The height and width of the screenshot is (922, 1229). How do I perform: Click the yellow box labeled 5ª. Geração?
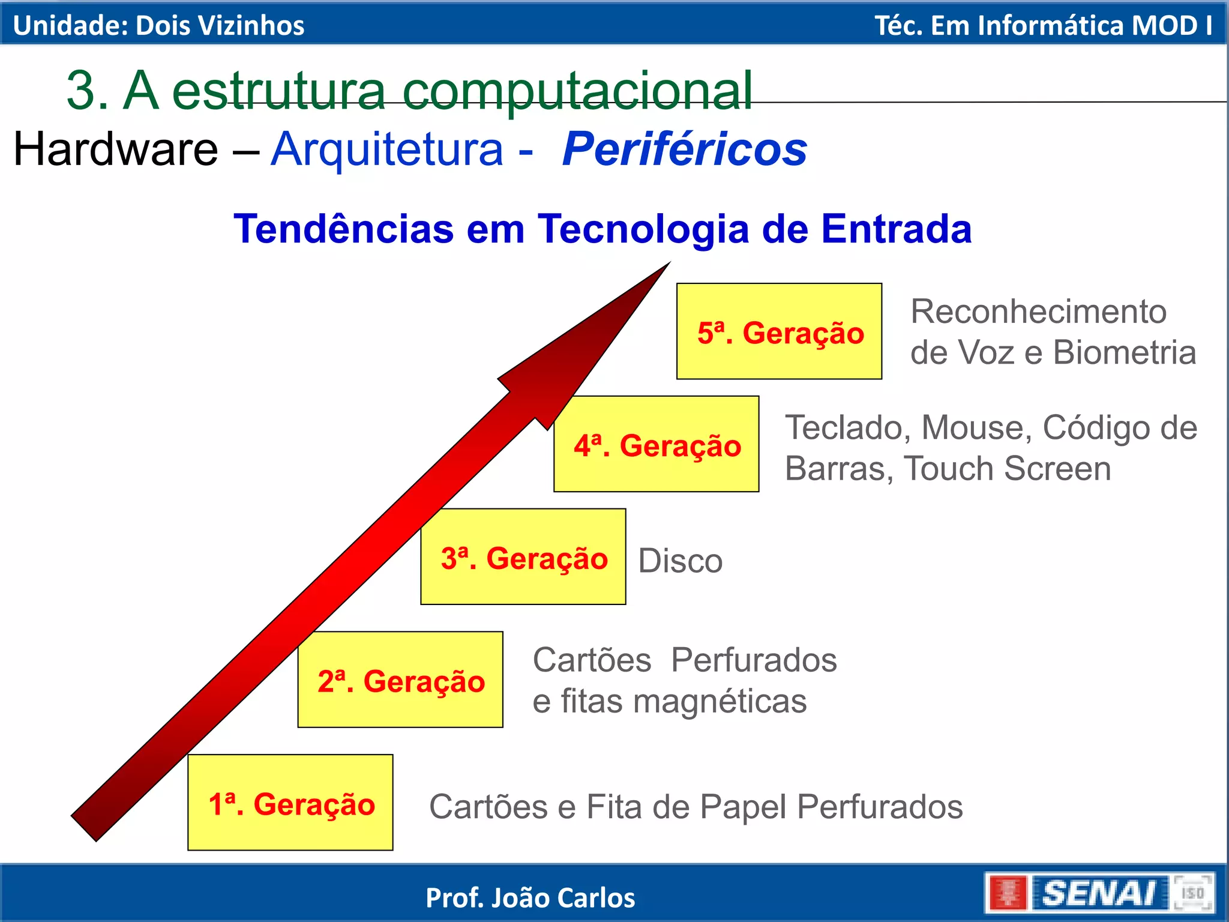pos(779,331)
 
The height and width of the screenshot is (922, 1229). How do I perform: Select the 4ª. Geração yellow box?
pos(657,444)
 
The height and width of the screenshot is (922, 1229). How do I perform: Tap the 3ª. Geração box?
pos(523,557)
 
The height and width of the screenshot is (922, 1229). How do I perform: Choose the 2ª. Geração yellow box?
pos(400,680)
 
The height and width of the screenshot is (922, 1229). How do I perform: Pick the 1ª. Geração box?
pos(290,803)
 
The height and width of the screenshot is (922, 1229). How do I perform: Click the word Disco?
pos(680,561)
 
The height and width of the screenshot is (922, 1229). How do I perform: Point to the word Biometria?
pos(1125,352)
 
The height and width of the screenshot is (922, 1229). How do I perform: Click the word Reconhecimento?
pos(1038,312)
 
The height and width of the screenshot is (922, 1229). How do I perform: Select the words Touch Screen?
pos(1008,469)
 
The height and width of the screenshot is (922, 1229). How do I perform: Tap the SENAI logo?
pos(1099,893)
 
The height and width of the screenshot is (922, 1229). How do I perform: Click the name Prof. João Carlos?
pos(530,898)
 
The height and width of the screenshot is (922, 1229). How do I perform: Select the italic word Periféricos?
pos(684,149)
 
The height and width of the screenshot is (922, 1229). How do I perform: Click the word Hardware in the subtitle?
pos(116,149)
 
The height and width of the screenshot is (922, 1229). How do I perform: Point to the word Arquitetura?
pos(387,149)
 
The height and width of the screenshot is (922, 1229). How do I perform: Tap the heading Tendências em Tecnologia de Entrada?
pos(602,229)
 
